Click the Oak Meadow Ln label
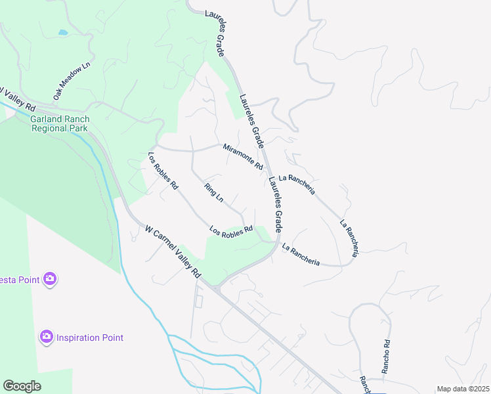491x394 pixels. point(71,81)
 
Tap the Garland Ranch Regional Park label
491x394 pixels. point(60,123)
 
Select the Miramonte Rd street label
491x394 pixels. point(242,157)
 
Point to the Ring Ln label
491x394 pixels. point(214,192)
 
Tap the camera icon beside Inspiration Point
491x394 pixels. point(46,337)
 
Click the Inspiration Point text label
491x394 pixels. point(90,338)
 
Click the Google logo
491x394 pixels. point(22,386)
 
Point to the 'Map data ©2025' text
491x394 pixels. point(463,389)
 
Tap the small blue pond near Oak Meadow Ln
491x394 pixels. point(62,32)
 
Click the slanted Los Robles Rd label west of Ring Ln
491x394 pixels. point(163,171)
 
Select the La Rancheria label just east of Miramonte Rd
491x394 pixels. point(297,186)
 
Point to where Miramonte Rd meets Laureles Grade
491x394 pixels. point(267,173)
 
